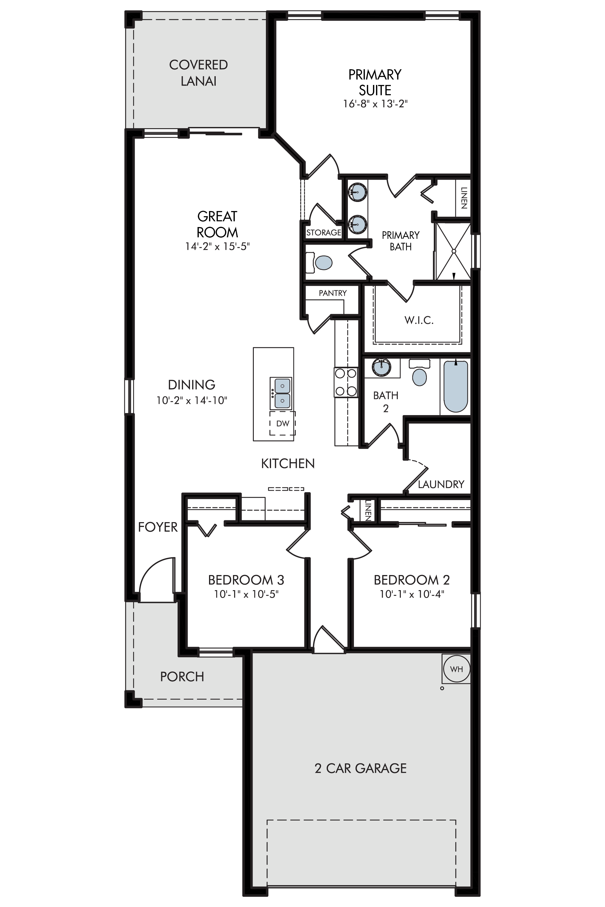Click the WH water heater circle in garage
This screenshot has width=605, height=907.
[456, 669]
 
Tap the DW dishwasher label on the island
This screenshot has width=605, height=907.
[283, 424]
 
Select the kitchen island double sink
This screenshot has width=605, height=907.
[281, 393]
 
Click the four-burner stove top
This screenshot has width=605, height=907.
[346, 382]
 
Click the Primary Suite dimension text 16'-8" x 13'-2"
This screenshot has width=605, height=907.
[375, 104]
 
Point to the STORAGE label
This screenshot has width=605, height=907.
[324, 232]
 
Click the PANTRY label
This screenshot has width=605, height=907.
[332, 293]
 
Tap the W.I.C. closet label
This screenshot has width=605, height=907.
[419, 320]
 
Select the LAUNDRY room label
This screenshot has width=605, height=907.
[441, 484]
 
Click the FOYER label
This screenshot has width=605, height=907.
[158, 527]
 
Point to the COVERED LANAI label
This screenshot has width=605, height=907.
[198, 73]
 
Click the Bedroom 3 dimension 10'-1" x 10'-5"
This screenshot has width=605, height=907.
[246, 594]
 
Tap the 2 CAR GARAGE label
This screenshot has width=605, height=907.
[360, 769]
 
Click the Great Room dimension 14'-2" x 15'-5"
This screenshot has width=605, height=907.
[217, 246]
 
